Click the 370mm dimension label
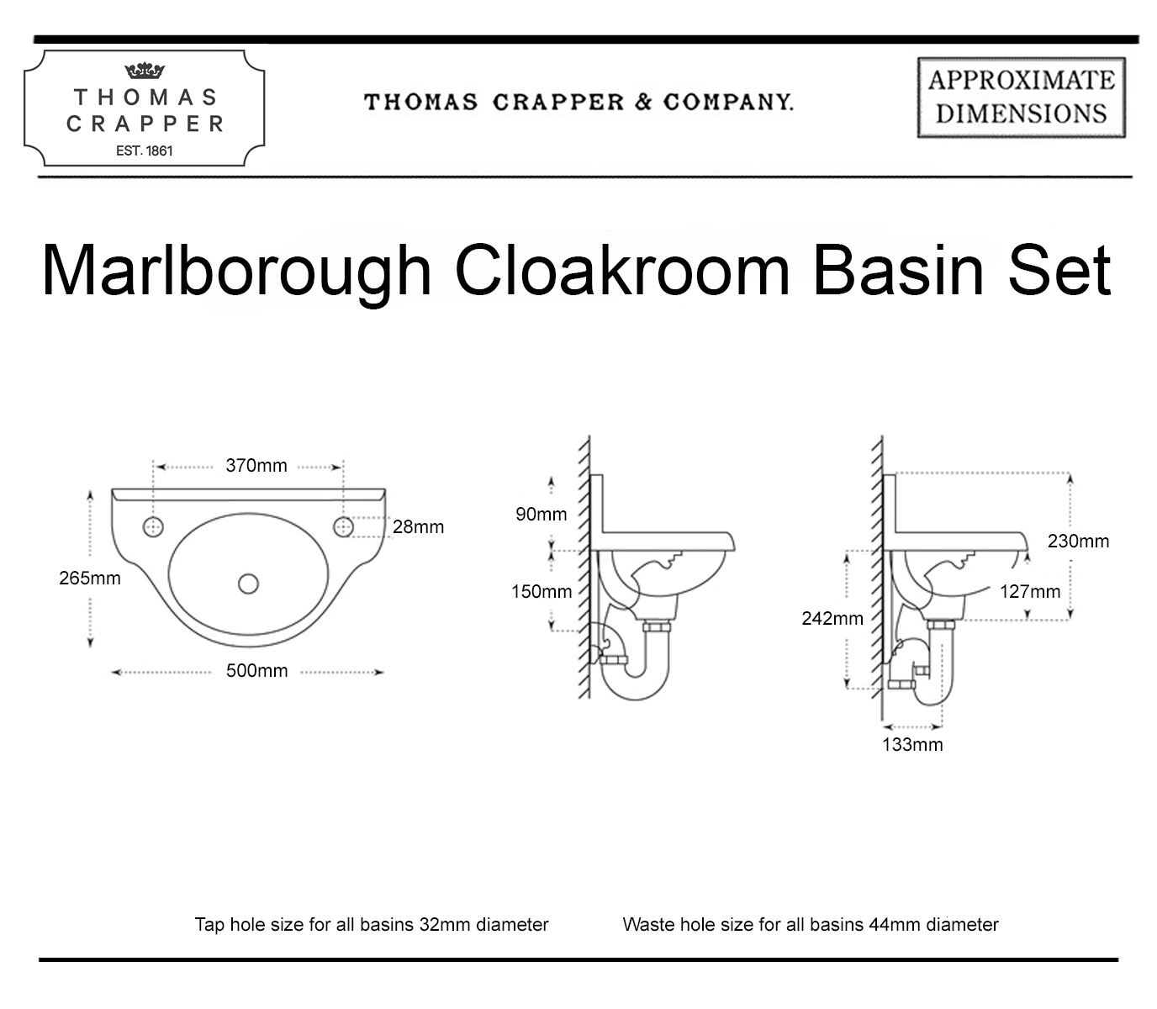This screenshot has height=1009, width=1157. coord(256,466)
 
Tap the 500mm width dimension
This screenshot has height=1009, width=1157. coord(256,671)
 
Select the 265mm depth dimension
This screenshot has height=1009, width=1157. coord(90,578)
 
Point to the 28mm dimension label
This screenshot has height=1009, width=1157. coord(418,527)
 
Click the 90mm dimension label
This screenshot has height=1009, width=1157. coord(542,515)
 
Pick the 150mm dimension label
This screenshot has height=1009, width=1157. coord(542,592)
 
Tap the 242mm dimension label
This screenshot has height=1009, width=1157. coord(832,618)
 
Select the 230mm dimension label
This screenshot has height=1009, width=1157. coord(1079,541)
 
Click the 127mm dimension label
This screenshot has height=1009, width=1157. coord(1030,592)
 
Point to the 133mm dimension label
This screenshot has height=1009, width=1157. coord(912,744)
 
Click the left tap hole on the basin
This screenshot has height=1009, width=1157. coord(153,527)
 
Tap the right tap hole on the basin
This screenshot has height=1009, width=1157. coord(343,527)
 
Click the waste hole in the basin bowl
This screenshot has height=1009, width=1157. coord(248,584)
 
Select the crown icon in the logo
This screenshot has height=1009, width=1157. coord(144,71)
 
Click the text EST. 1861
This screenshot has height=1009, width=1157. coord(144,151)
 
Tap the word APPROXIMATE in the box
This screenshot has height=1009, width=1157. coord(1022,80)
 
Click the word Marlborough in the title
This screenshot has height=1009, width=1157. coord(237,272)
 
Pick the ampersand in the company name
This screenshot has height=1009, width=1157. coord(643,103)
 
